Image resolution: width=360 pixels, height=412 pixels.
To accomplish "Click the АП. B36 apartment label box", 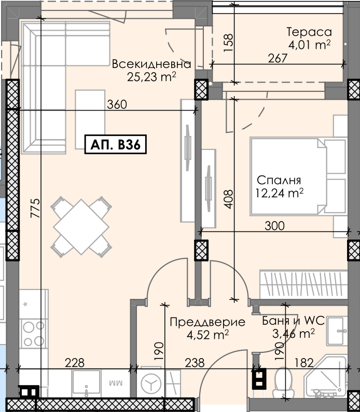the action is click(116, 144).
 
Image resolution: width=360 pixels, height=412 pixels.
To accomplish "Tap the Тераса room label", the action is click(309, 32).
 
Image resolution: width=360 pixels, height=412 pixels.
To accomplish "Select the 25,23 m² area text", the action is click(151, 77).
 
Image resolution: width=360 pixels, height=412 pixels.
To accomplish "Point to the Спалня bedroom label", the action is click(279, 180).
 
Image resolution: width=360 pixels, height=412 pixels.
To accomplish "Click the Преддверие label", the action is click(207, 322).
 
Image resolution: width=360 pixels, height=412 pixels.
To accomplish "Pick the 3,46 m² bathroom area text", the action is click(294, 334).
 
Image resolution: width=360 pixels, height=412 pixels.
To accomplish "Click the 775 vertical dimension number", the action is click(36, 208).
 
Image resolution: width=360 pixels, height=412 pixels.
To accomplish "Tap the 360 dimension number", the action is click(117, 104).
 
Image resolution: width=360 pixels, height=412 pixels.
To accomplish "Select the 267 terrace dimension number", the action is click(278, 58).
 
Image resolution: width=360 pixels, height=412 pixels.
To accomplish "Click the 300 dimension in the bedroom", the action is click(274, 226).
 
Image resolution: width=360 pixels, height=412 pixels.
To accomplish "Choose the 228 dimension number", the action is click(75, 363).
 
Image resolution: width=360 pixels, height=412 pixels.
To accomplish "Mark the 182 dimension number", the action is click(304, 363).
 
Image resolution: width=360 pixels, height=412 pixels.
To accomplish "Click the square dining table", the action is click(81, 227).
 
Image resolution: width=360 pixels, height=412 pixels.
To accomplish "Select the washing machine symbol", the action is click(151, 383).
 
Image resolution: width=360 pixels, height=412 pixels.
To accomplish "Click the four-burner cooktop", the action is click(33, 334).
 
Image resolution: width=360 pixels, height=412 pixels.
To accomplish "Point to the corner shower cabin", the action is click(326, 376).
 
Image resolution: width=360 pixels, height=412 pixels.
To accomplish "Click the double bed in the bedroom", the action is click(289, 176).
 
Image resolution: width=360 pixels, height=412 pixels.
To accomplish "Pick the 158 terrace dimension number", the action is click(228, 43).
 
